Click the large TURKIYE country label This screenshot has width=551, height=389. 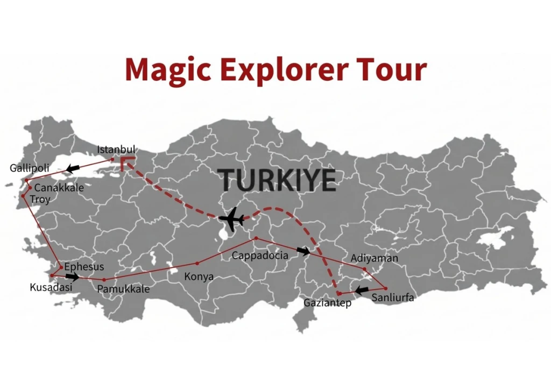click(278, 180)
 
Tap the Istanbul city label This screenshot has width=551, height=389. click(116, 149)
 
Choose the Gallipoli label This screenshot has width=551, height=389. click(30, 168)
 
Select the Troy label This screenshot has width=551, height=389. click(40, 200)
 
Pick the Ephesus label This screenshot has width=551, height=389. click(84, 267)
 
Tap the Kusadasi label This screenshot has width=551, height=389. click(51, 287)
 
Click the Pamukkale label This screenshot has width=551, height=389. click(123, 289)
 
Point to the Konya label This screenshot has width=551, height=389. click(199, 277)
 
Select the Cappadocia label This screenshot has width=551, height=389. click(260, 256)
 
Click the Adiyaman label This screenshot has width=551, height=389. click(375, 258)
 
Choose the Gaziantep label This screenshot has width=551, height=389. click(327, 303)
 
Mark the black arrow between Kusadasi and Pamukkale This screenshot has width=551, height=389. click(72, 277)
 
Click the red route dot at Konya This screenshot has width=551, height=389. click(197, 263)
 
